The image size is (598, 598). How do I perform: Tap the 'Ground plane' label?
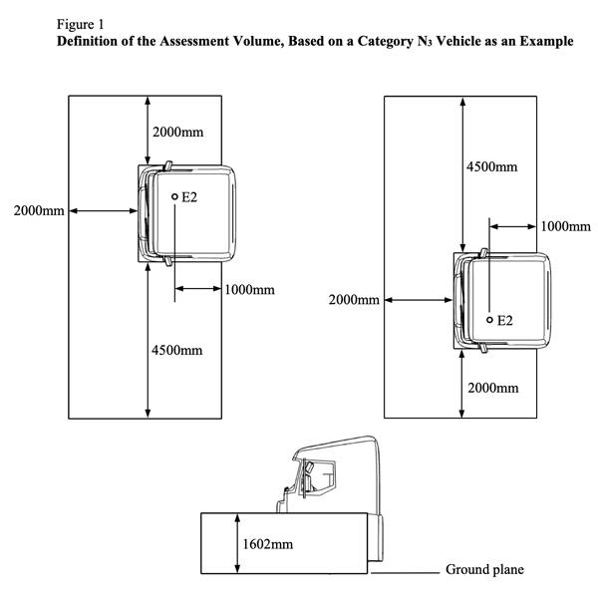coord(483,570)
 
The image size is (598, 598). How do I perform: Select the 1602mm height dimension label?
coord(269,544)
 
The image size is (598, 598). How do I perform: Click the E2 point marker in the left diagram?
coord(174,197)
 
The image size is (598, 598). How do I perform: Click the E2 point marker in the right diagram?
coord(489,320)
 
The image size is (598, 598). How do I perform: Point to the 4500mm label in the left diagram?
coord(176,350)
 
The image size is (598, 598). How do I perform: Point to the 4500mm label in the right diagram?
coord(492,167)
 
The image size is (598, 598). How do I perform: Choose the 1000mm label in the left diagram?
coord(248,290)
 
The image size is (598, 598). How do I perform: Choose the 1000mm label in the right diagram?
coord(563,226)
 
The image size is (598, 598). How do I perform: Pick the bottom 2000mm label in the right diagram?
coord(492,387)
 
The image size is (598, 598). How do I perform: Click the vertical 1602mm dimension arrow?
coord(237,544)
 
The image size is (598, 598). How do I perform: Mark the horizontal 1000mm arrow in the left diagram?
coord(199,289)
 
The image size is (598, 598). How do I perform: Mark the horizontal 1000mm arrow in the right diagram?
coord(513,226)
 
